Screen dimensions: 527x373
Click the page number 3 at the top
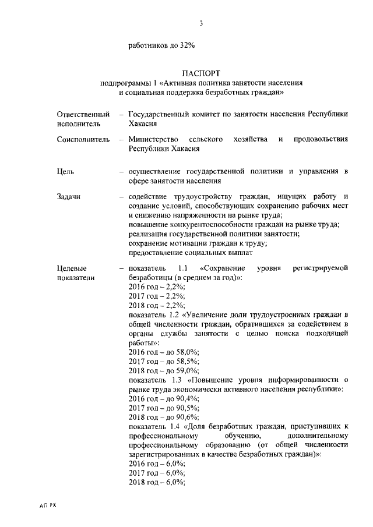pos(201,23)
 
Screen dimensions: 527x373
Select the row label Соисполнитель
pos(83,140)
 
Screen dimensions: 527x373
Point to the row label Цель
pos(65,171)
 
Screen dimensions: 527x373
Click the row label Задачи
pos(69,197)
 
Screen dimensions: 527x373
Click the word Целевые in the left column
pos(72,268)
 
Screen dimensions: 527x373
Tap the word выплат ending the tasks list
pos(241,252)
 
